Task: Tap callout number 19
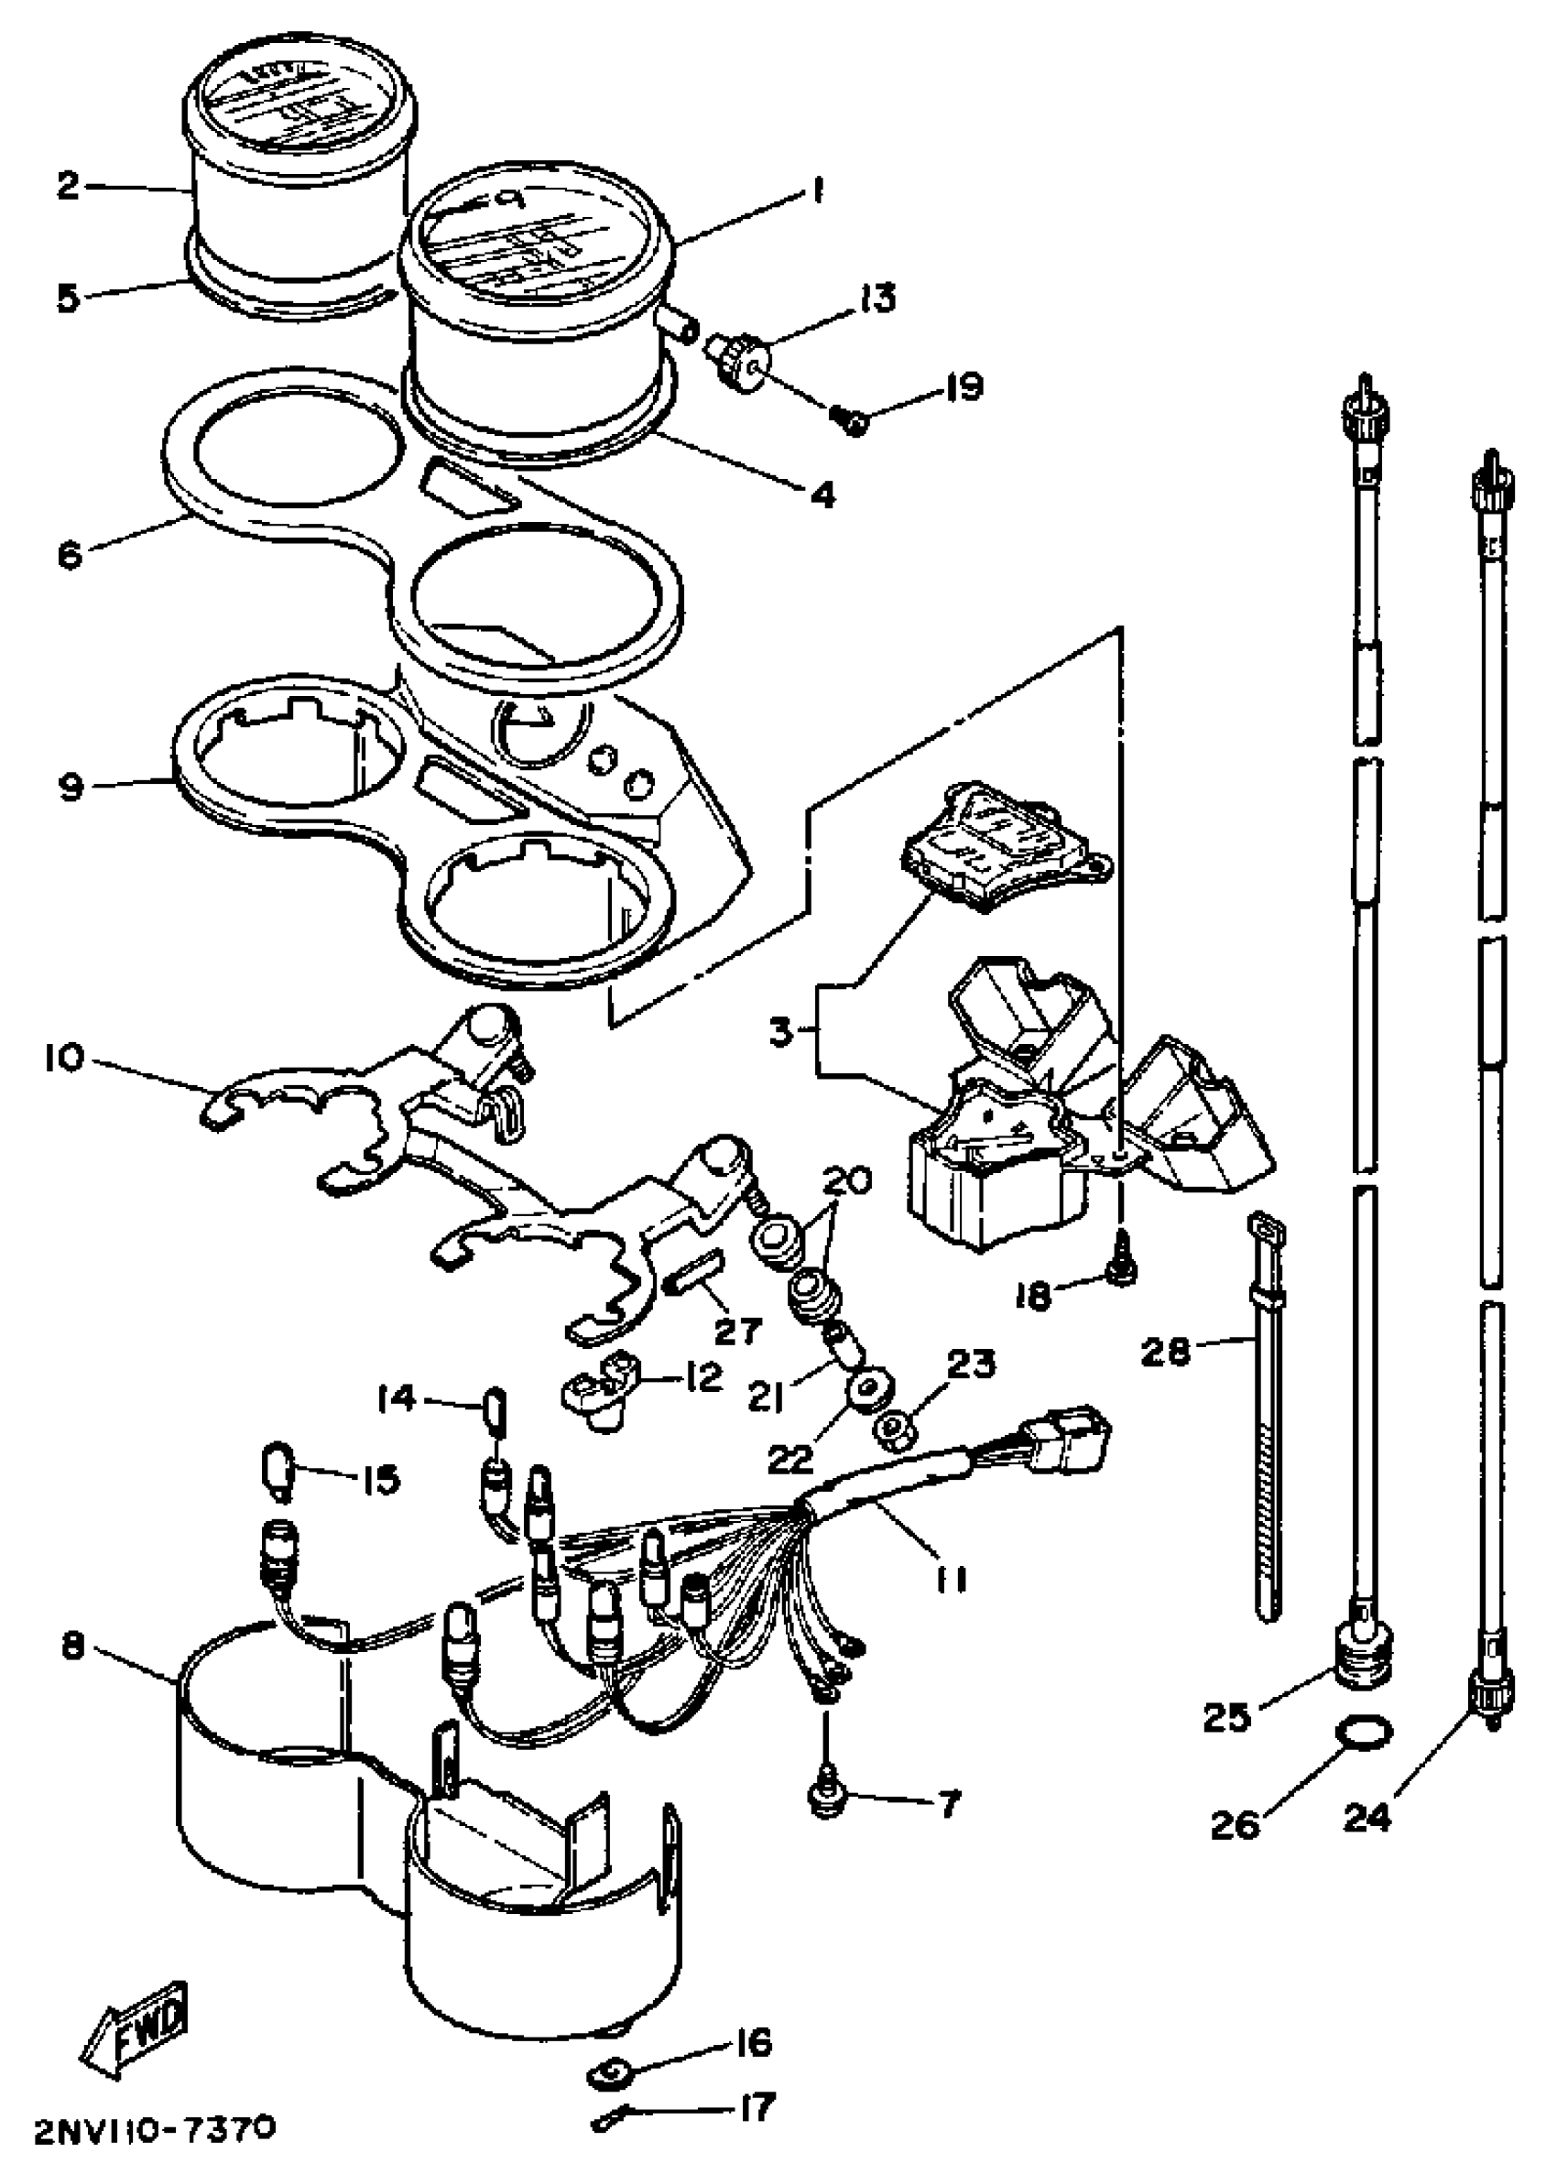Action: [956, 388]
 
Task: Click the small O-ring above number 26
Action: [1366, 1734]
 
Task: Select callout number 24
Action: [1367, 1813]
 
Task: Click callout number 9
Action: [71, 787]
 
